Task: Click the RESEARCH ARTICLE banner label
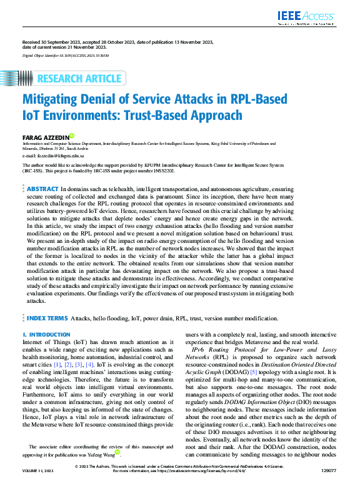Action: point(80,79)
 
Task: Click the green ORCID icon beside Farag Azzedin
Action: point(72,135)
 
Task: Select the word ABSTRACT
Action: point(42,188)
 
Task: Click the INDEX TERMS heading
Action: point(47,319)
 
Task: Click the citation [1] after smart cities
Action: point(57,363)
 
